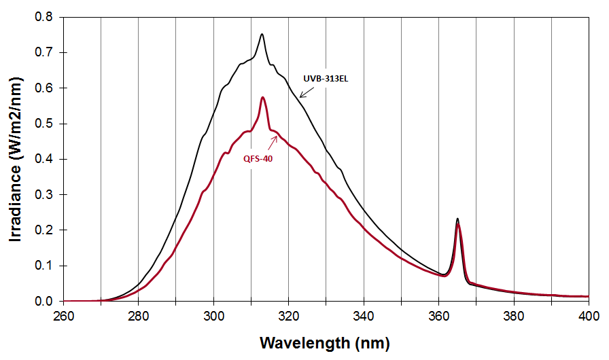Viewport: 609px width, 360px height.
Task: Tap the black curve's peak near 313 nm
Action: point(262,34)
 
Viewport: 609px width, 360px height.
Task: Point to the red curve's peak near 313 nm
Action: point(262,98)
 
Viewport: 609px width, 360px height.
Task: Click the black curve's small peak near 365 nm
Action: point(457,219)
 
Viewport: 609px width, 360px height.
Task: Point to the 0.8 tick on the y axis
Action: point(46,17)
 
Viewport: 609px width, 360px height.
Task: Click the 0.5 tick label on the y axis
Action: point(46,124)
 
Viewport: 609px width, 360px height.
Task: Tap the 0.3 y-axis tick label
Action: point(46,194)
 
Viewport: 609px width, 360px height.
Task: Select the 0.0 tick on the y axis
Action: point(46,301)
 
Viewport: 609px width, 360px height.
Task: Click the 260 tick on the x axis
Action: point(63,316)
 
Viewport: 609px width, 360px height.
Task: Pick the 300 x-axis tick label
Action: point(213,316)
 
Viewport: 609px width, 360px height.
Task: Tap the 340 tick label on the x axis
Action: point(364,316)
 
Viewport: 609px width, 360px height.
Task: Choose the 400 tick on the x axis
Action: point(589,316)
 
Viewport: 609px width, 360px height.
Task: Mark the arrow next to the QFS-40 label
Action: point(273,141)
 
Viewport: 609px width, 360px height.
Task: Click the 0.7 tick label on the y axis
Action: point(46,52)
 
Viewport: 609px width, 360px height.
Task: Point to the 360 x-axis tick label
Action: point(438,316)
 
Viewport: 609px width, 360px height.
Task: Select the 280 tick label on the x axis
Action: point(139,316)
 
